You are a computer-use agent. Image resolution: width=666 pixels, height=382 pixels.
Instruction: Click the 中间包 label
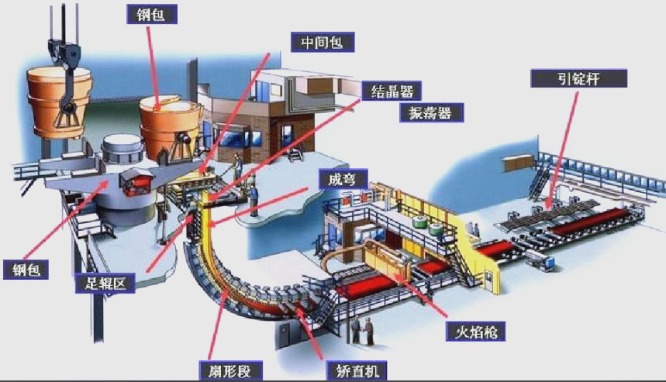point(323,42)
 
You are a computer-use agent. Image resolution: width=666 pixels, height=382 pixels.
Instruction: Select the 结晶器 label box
point(392,91)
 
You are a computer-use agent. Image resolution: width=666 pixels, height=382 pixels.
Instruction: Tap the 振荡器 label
point(431,113)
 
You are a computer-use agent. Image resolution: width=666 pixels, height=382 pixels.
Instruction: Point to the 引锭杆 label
point(578,78)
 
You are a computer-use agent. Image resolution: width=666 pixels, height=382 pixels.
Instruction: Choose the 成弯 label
point(343,179)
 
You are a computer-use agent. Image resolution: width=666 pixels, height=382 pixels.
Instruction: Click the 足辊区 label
point(105,283)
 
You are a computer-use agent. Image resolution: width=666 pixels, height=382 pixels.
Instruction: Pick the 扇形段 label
point(230,371)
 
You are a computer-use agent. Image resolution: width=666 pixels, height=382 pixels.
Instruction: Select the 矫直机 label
point(357,371)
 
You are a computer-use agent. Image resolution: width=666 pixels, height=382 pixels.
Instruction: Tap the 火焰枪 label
point(475,332)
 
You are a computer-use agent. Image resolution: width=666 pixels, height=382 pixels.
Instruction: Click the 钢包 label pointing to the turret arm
point(26,270)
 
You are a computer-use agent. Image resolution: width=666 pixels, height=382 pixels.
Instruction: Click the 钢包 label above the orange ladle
point(152,15)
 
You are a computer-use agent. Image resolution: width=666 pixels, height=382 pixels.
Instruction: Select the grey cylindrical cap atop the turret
point(123,149)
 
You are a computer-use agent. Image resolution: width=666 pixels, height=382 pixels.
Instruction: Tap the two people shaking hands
point(363,331)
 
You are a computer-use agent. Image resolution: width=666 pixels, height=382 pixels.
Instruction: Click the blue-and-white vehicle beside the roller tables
point(540,260)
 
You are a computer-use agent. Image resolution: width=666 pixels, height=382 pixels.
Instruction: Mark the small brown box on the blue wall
point(517,163)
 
